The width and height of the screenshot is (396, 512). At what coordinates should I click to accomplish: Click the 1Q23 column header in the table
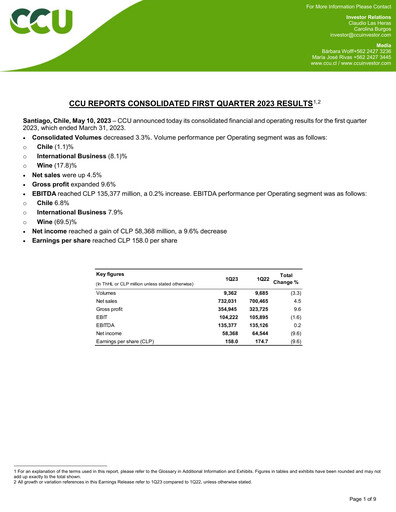click(x=232, y=279)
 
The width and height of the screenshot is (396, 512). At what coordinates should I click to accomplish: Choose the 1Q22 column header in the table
click(x=264, y=279)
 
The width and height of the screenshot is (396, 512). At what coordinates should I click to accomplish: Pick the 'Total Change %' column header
click(x=296, y=279)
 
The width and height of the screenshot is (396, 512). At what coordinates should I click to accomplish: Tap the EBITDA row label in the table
click(x=105, y=325)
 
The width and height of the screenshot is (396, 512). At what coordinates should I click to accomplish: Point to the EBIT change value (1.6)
click(x=296, y=317)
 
